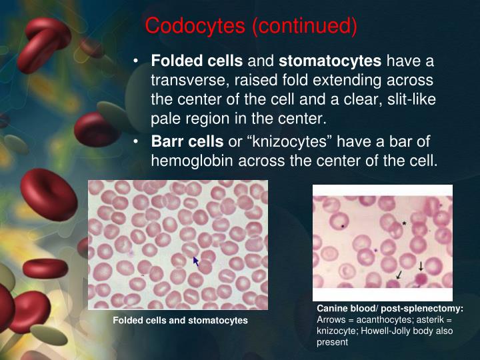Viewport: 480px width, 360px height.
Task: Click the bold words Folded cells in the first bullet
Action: [x=197, y=62]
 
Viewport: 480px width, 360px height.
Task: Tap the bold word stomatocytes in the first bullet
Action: [x=330, y=62]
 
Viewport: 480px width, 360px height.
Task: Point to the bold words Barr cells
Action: [x=187, y=142]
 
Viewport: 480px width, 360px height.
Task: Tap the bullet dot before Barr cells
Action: [x=136, y=143]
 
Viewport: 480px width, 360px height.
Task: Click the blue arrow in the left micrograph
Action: [x=196, y=261]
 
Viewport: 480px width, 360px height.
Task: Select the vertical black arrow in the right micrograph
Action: [x=421, y=265]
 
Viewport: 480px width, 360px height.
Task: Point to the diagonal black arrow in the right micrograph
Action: [x=399, y=274]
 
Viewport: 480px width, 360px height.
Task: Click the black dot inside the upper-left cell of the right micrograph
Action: [x=343, y=226]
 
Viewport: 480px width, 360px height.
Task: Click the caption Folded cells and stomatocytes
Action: [x=180, y=321]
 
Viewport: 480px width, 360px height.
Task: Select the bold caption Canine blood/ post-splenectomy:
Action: [x=389, y=309]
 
